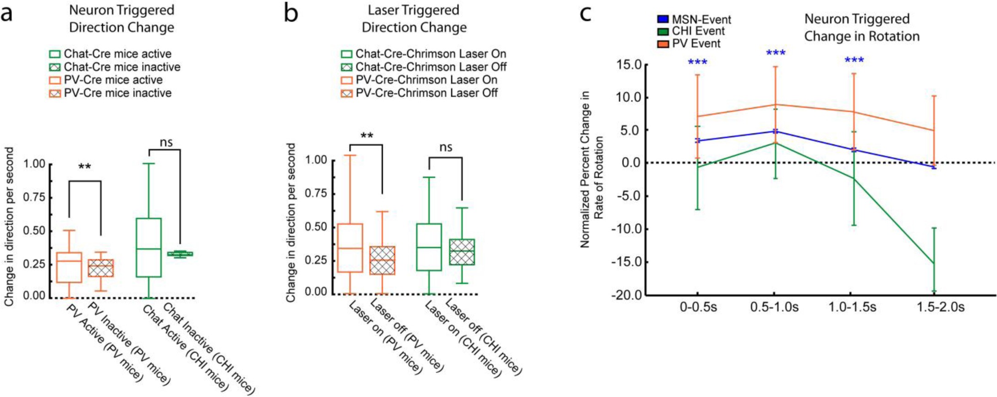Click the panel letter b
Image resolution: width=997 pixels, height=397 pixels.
291,14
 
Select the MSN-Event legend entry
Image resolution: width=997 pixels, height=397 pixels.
695,20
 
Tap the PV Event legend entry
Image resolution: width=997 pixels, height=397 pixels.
689,44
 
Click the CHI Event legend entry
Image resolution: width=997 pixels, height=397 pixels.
691,32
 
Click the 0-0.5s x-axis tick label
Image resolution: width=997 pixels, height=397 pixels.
698,307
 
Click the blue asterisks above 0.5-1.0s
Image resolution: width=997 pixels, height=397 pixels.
776,54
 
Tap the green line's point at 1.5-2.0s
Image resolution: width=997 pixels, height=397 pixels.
933,263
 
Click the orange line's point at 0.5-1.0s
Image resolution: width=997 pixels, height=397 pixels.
775,105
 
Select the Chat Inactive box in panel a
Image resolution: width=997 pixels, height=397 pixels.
180,254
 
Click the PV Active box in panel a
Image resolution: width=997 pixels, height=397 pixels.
69,267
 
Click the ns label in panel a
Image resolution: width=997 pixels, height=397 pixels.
166,142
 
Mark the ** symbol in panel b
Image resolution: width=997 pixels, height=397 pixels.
366,136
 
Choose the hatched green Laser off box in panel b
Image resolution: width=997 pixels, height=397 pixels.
462,252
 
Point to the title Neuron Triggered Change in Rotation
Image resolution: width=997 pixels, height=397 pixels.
861,28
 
